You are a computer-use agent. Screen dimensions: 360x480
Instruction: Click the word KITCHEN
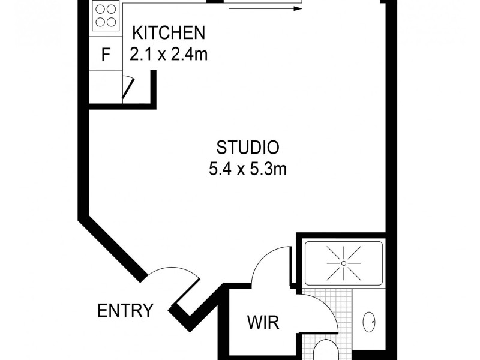click(x=168, y=32)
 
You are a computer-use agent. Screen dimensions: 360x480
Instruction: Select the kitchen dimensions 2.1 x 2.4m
click(x=168, y=55)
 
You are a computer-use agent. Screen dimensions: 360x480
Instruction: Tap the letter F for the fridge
click(x=106, y=55)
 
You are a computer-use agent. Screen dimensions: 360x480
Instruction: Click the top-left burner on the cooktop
click(x=100, y=10)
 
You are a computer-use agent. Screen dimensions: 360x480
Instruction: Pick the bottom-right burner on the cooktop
click(x=112, y=23)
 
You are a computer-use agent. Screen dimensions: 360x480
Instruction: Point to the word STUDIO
click(x=248, y=146)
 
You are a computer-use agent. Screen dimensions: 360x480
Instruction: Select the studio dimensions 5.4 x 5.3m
click(x=248, y=169)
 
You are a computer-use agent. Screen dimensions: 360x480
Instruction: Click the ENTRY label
click(x=125, y=311)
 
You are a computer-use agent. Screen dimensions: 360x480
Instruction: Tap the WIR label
click(x=263, y=323)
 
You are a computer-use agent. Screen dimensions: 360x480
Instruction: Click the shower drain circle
click(x=343, y=263)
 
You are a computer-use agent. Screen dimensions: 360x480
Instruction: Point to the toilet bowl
click(x=327, y=351)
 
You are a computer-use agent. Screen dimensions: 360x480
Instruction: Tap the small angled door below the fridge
click(x=127, y=89)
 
